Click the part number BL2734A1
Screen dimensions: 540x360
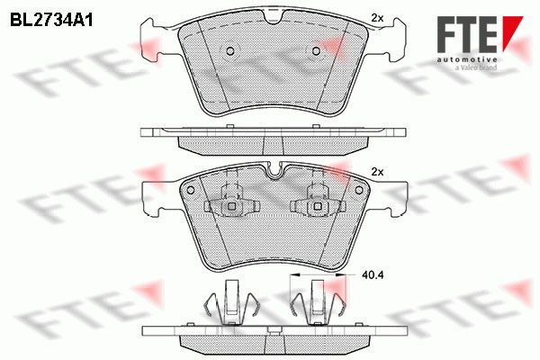[51, 21]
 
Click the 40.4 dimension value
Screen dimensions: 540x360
[373, 274]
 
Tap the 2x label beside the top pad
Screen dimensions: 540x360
[377, 18]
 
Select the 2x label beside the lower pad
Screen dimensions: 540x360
[377, 172]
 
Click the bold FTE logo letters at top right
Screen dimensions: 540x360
[467, 34]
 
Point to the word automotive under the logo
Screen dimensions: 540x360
[467, 59]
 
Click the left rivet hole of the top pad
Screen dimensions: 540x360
[230, 51]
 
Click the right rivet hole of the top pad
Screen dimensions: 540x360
[316, 51]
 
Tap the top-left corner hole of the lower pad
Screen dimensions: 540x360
[190, 190]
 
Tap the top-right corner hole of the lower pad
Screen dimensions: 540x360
[359, 190]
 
